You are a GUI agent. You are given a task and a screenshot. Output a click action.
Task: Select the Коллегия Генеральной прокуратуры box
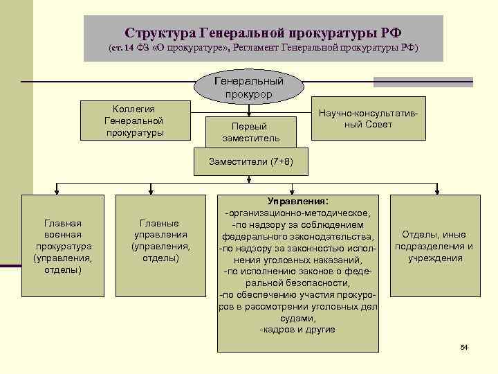coord(135,121)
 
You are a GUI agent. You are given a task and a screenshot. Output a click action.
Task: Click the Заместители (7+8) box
coord(251,161)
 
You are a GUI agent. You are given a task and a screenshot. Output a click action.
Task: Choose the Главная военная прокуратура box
coord(63,247)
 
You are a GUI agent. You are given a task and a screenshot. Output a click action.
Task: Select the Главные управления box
coord(160,240)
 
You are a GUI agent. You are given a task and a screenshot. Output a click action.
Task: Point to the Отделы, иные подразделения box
coord(434,247)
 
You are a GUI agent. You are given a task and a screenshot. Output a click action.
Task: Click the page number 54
coord(464,346)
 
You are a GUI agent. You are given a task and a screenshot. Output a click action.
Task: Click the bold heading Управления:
coord(299,200)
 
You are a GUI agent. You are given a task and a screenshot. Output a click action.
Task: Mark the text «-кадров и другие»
coord(297,330)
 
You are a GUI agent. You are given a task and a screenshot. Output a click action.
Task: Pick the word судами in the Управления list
coord(299,318)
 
